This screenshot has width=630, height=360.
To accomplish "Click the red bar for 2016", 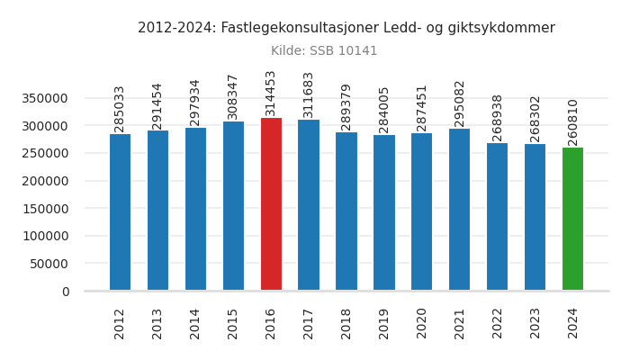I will [x=271, y=204].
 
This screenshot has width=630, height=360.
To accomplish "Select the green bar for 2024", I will [x=572, y=219].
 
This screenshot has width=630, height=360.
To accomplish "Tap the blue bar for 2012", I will [x=120, y=212].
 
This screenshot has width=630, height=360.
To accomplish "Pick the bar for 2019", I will [x=384, y=212].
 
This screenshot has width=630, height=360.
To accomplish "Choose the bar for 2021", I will [x=460, y=210].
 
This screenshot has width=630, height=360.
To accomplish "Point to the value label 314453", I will [x=271, y=93].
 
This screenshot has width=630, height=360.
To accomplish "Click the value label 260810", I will [x=572, y=122].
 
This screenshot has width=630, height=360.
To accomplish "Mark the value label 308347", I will [x=233, y=96].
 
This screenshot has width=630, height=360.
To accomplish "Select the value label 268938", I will [x=498, y=118].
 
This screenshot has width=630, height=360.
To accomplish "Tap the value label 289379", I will [x=346, y=107].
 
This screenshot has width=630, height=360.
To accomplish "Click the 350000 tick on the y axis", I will [x=45, y=98].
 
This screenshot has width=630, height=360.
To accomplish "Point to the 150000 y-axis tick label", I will [x=45, y=209].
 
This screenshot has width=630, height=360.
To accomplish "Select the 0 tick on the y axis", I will [x=65, y=292].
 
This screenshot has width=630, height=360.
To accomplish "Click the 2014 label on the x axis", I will [x=195, y=323].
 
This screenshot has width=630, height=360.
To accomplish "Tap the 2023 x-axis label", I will [x=535, y=323].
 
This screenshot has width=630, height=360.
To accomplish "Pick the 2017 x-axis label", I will [x=309, y=323].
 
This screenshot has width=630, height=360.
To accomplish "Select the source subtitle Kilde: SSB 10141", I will [x=324, y=51].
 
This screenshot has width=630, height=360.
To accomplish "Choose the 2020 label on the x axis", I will [x=422, y=323].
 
